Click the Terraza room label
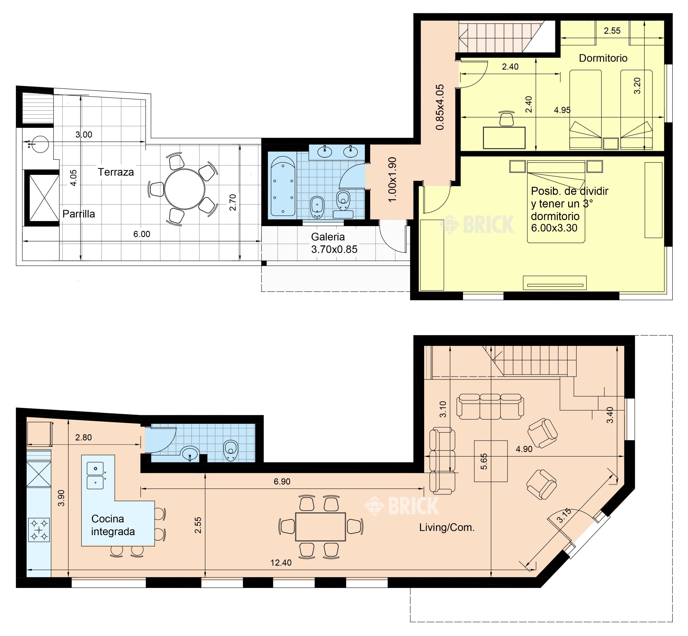[116, 172]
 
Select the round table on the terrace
[184, 189]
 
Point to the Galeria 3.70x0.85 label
[334, 243]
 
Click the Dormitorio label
[603, 58]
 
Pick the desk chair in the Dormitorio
[506, 118]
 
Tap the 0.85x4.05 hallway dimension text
[440, 107]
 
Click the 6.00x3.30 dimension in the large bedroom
[554, 228]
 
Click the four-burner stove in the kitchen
[39, 530]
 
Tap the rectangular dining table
[320, 527]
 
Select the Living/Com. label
[447, 528]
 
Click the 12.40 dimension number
[281, 563]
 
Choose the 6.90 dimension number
[282, 482]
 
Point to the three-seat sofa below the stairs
[490, 407]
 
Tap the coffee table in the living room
[491, 461]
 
